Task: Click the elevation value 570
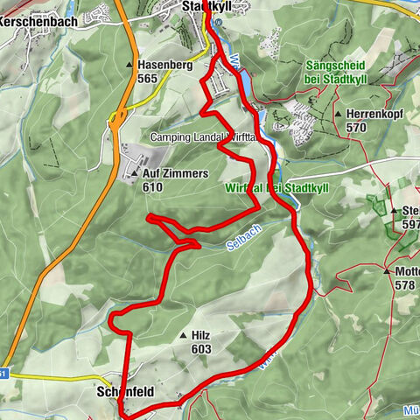point(355,128)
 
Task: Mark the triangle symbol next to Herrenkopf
point(339,115)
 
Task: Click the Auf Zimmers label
point(175,174)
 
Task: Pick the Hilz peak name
point(200,335)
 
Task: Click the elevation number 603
point(199,348)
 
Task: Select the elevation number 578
point(404,284)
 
